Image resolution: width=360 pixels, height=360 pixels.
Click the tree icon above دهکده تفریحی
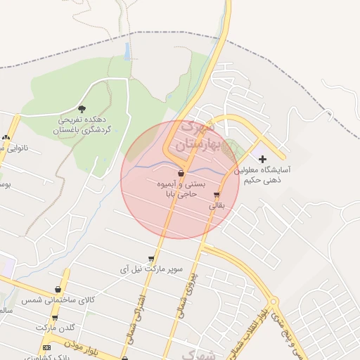pyautogui.click(x=82, y=109)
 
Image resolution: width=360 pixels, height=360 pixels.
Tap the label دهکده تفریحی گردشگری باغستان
pyautogui.click(x=84, y=125)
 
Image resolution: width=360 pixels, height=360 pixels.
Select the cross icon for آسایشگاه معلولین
pyautogui.click(x=263, y=160)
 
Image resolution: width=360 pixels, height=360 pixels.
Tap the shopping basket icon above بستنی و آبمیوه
pyautogui.click(x=181, y=172)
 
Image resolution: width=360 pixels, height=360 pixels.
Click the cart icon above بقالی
pyautogui.click(x=216, y=196)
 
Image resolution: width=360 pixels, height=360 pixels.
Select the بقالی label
pyautogui.click(x=216, y=207)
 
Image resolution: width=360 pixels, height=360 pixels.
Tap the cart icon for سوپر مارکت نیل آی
pyautogui.click(x=151, y=259)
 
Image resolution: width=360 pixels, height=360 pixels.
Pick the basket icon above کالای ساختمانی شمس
pyautogui.click(x=58, y=290)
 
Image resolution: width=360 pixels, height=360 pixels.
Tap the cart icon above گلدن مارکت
pyautogui.click(x=54, y=318)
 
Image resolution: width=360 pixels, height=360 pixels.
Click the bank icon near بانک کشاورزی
pyautogui.click(x=47, y=347)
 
